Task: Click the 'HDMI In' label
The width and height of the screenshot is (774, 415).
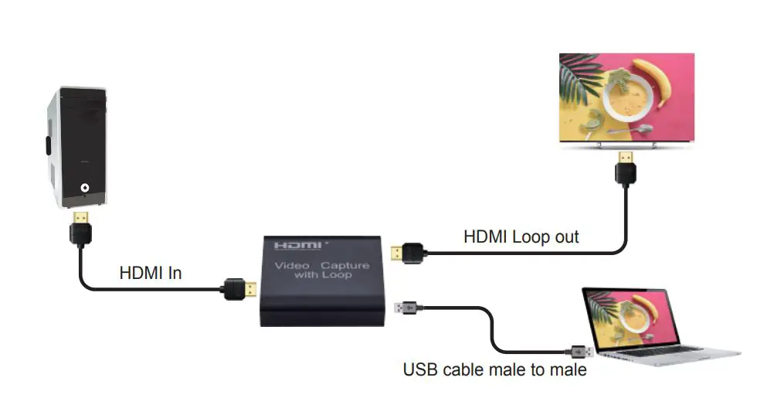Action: [x=150, y=273]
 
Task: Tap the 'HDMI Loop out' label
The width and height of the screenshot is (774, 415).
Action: [x=521, y=236]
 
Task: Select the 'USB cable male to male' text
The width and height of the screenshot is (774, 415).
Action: [x=494, y=370]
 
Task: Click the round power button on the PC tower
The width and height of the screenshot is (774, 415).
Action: [x=84, y=187]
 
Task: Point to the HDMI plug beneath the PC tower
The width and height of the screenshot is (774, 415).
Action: [x=80, y=224]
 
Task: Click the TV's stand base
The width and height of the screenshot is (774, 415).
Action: [x=626, y=147]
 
